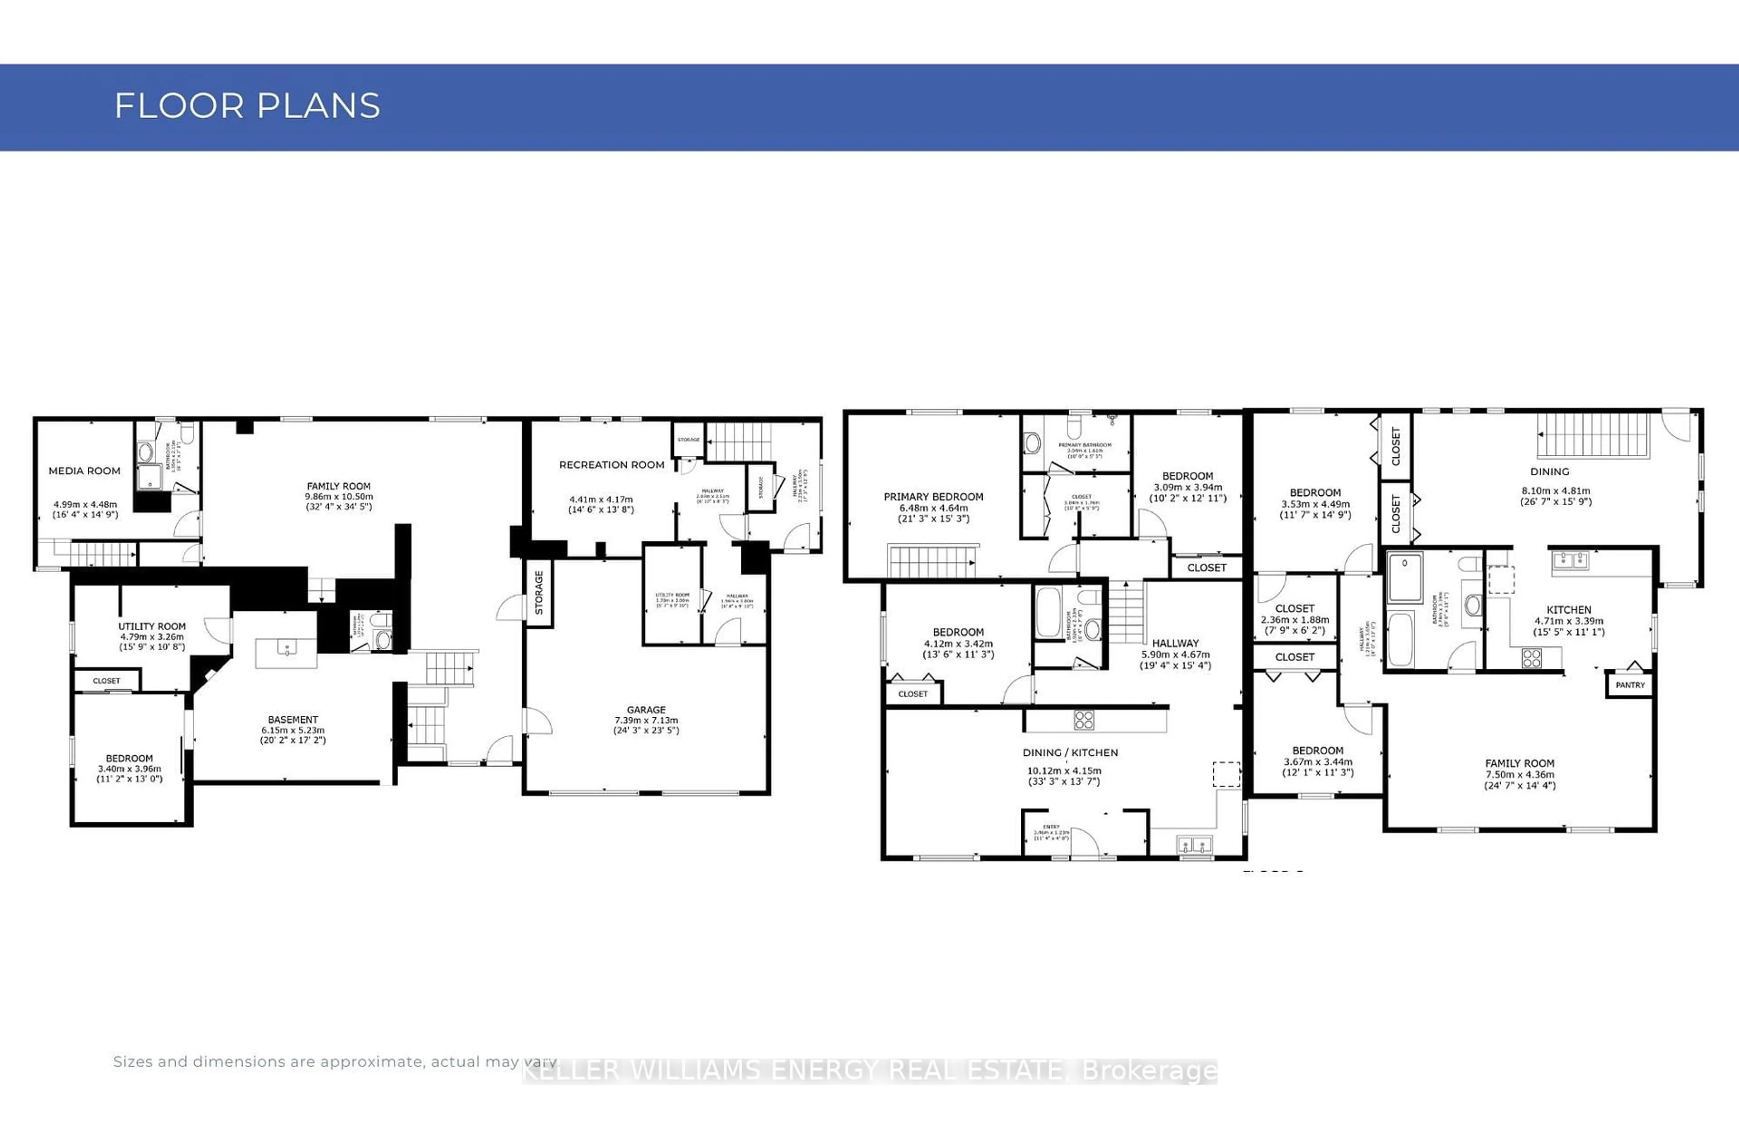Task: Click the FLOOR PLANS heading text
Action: [247, 106]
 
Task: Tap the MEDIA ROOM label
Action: [84, 471]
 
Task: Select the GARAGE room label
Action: [646, 710]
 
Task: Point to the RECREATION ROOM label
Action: [611, 465]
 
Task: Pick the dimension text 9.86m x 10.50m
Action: [338, 496]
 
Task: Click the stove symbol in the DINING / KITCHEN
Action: [1084, 720]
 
